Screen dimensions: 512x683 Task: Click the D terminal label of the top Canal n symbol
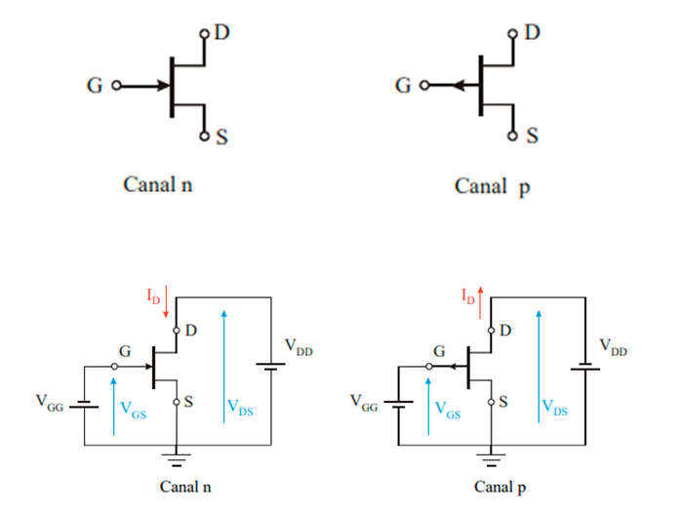point(222,32)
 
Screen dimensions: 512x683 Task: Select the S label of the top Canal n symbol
point(222,138)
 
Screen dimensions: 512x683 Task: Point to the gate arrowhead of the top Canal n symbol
point(161,86)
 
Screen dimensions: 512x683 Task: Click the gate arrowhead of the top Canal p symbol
point(460,86)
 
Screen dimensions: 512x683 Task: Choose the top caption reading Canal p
point(492,185)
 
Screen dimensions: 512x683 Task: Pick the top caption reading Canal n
point(157,183)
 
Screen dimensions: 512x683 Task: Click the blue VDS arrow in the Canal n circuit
point(224,361)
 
